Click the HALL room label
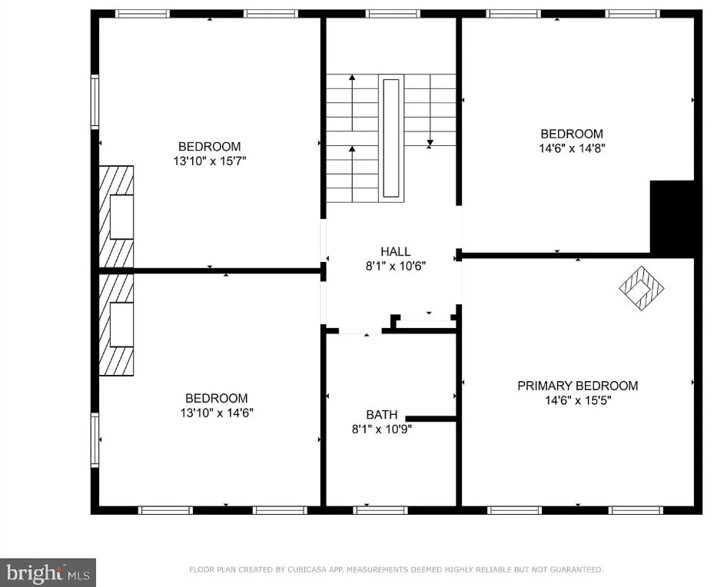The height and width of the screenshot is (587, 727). point(396,251)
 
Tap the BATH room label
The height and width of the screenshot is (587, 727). point(382,415)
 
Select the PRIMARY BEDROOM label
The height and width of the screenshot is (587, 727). point(578,385)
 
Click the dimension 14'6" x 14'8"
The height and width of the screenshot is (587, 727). point(572,148)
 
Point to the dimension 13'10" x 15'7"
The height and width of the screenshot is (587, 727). point(210,161)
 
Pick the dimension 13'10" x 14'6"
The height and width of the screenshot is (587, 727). point(217,412)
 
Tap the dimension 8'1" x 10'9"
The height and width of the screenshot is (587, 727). point(382,429)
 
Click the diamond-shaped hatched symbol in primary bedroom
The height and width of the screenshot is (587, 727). point(641,288)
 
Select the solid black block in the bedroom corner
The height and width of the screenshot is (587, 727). point(672,218)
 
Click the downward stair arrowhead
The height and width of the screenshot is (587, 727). point(430,143)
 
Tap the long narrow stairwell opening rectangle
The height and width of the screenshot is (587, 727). point(391,138)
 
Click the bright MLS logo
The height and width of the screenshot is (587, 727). point(48,572)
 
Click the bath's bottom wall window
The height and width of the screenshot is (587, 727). point(380,510)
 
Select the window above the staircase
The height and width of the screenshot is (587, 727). point(392,14)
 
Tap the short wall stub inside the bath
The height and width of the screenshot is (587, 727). point(430,419)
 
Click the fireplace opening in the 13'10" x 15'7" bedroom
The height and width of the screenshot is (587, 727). point(121,217)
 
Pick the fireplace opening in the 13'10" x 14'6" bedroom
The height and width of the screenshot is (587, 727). point(121,324)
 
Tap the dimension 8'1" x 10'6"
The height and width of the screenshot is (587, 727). point(396,266)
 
